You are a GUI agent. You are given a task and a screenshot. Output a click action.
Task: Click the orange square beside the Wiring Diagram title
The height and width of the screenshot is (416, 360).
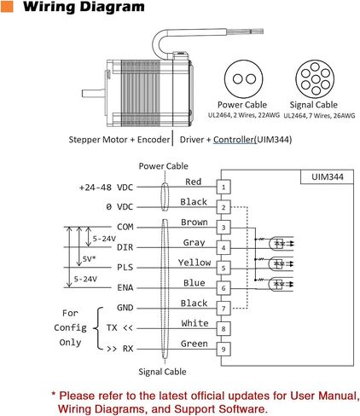pos(7,6)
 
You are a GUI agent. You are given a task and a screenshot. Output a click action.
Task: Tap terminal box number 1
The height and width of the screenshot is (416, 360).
pos(224,187)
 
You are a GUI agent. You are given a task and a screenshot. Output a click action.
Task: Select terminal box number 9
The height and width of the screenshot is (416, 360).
pos(224,349)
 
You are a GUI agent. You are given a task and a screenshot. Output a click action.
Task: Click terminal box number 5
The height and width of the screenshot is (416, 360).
pos(224,268)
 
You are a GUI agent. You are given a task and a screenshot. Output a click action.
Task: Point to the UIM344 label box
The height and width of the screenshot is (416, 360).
pos(327,176)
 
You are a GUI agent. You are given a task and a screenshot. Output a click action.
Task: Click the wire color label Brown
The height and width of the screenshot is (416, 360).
pos(195,222)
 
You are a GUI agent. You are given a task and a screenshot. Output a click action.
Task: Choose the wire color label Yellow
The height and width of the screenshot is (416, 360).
pos(195,263)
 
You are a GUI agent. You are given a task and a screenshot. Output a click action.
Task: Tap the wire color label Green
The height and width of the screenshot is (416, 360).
pos(195,344)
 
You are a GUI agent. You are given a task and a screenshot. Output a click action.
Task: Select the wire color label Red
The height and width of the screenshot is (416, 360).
pos(194,182)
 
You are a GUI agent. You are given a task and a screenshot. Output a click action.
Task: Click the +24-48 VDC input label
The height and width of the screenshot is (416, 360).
pos(106,188)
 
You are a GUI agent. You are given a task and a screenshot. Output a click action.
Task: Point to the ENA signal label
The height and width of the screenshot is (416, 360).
pos(125,287)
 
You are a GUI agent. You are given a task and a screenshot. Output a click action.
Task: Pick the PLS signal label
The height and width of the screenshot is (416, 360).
pos(125,268)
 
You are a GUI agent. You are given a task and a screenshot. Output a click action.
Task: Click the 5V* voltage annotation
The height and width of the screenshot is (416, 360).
pos(89,259)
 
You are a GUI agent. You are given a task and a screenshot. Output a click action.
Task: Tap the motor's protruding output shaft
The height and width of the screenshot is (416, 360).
pos(93,93)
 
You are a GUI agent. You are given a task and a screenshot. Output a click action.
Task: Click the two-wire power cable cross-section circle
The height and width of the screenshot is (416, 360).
pos(244,79)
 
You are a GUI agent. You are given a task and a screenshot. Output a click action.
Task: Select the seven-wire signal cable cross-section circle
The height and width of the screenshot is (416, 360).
pos(315,79)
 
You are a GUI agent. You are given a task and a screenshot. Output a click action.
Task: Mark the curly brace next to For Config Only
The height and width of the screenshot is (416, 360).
pos(98,328)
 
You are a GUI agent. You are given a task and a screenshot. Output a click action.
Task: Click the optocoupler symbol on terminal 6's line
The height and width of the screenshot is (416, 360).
pos(279,284)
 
